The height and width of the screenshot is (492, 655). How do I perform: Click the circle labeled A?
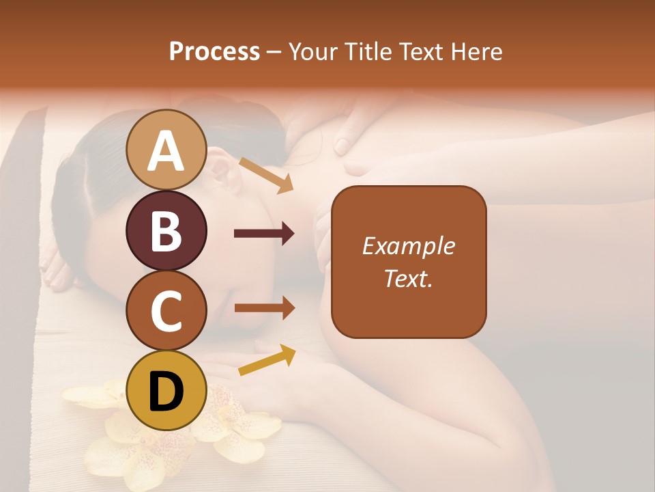click(x=166, y=150)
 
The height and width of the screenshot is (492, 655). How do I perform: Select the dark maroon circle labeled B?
click(x=166, y=230)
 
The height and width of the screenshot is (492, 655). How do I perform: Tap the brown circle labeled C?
click(x=166, y=310)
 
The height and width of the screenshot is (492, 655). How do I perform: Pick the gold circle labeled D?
click(x=166, y=390)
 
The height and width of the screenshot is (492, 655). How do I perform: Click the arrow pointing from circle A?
click(x=266, y=175)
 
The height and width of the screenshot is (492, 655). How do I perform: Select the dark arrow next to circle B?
click(x=264, y=234)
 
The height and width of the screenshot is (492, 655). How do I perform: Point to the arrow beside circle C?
click(x=264, y=308)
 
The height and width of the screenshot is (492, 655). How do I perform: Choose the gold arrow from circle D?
click(x=267, y=359)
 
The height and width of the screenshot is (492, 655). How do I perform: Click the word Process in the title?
click(x=214, y=51)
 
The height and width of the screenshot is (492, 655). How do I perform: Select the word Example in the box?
click(x=408, y=246)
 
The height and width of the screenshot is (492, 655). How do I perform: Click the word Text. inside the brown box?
click(x=408, y=278)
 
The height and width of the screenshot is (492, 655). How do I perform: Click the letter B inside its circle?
click(x=166, y=231)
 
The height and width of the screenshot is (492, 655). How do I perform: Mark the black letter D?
click(x=166, y=392)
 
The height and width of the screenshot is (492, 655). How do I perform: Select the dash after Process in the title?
click(x=274, y=53)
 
